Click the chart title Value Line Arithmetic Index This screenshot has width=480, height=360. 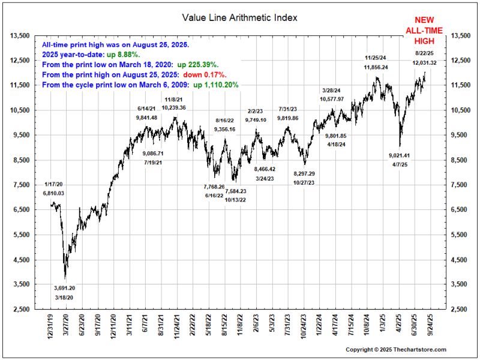tap(240, 17)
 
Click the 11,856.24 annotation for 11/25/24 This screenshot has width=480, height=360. tap(376, 67)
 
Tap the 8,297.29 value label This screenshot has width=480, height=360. tap(304, 173)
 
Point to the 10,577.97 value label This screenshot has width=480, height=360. tap(332, 98)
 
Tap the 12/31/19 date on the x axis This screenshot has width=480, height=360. tap(52, 324)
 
